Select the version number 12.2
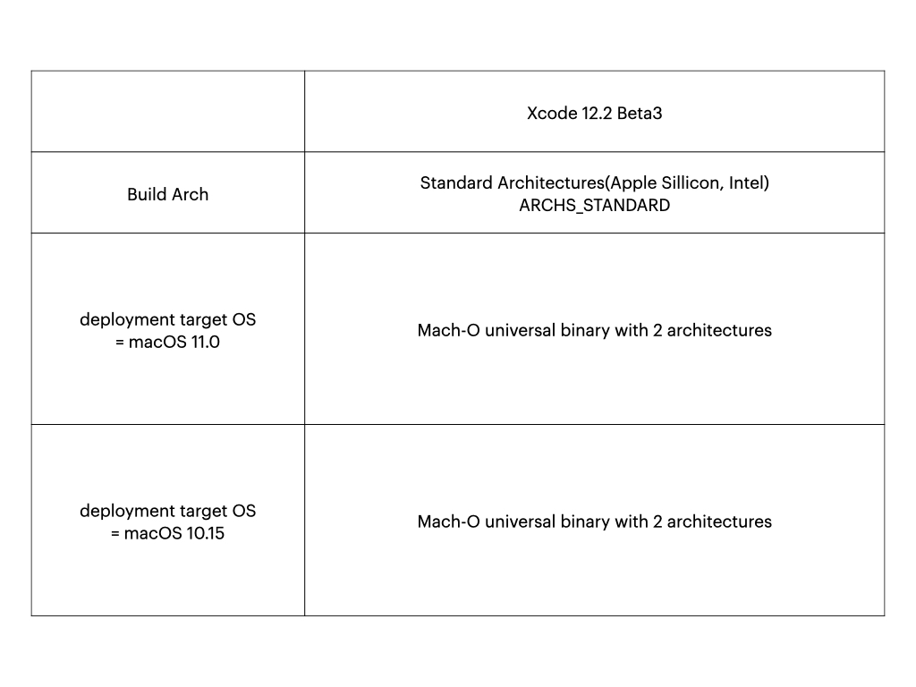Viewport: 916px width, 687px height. [x=597, y=113]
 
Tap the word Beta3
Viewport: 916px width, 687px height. [x=640, y=113]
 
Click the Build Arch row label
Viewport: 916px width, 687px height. [x=167, y=194]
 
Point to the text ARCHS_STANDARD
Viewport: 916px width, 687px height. [x=595, y=206]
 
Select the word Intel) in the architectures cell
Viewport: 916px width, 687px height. [x=749, y=182]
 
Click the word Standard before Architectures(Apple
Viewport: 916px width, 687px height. [x=456, y=182]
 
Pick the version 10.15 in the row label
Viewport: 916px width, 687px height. [x=205, y=533]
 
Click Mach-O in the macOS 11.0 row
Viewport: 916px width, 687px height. [x=449, y=330]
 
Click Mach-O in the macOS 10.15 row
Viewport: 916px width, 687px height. [x=449, y=522]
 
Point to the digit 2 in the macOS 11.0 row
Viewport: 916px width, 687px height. [x=657, y=330]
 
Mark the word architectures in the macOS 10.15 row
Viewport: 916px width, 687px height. [x=719, y=522]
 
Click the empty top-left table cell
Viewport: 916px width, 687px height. [x=167, y=112]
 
